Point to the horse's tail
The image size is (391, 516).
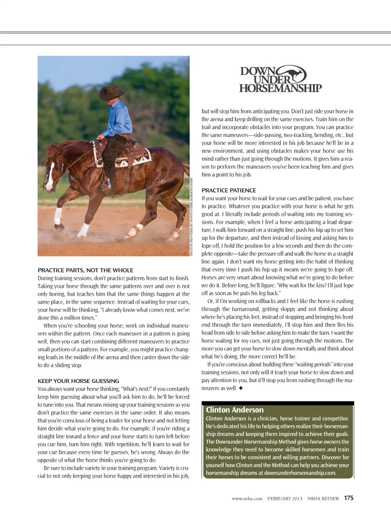(186, 171)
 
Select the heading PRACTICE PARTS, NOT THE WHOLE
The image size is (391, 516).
(86, 270)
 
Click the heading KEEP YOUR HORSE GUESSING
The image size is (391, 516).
(78, 381)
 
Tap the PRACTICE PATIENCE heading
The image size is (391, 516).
(228, 190)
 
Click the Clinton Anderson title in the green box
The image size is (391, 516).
(235, 410)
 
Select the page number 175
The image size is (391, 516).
(349, 498)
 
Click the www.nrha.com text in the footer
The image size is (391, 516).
(247, 498)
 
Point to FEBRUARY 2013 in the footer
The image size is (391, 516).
(285, 498)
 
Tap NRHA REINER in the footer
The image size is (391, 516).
(323, 498)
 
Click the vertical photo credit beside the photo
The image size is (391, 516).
(191, 216)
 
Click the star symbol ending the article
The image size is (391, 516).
(241, 388)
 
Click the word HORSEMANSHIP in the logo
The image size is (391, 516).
(280, 88)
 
